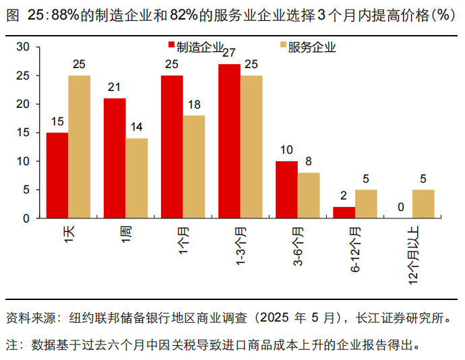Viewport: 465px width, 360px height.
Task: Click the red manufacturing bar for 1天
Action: [57, 175]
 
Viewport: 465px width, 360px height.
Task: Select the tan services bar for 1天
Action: [79, 147]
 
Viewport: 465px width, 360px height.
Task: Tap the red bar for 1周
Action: [114, 158]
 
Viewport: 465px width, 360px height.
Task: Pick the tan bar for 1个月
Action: [193, 167]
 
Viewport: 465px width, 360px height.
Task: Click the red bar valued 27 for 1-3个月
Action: [229, 141]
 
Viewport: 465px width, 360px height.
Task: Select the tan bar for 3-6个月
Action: [309, 196]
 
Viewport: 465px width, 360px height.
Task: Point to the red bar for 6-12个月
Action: [344, 212]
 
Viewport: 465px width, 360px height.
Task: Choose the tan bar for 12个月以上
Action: [423, 204]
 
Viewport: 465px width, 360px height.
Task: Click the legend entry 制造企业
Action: [196, 47]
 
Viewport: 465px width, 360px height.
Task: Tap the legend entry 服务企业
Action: [307, 47]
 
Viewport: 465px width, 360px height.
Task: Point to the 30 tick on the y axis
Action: [24, 47]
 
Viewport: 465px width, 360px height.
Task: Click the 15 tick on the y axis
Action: [24, 133]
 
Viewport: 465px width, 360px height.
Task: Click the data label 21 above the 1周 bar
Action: [114, 88]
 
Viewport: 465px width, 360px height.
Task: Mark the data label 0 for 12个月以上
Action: [401, 208]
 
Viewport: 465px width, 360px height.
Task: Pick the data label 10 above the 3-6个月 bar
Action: [286, 150]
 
